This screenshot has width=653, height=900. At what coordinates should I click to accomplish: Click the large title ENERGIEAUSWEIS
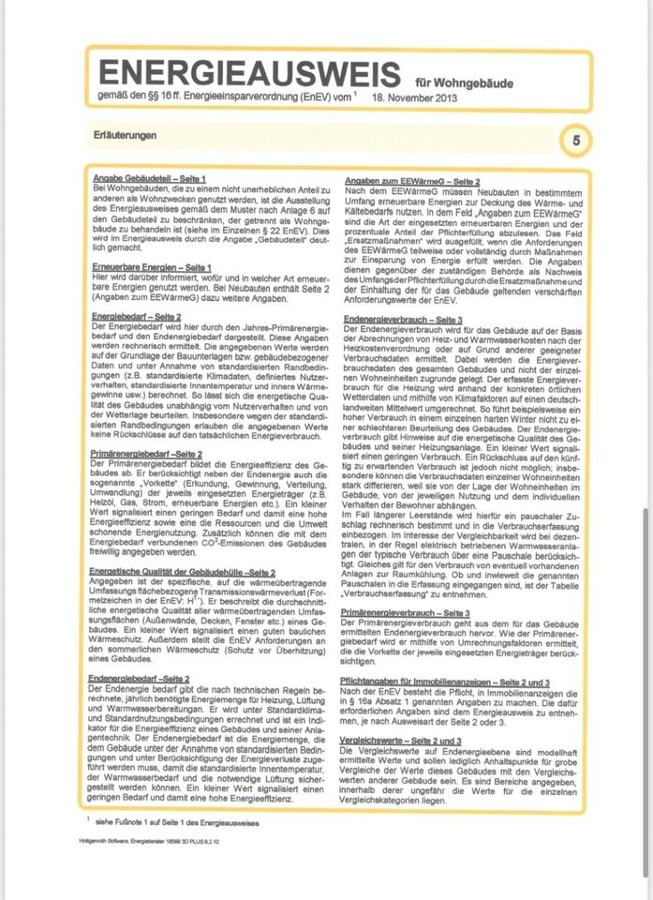(251, 73)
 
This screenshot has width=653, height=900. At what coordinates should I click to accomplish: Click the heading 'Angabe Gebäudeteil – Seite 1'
(149, 178)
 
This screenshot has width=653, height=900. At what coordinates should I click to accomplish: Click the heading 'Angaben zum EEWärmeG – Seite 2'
(412, 180)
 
